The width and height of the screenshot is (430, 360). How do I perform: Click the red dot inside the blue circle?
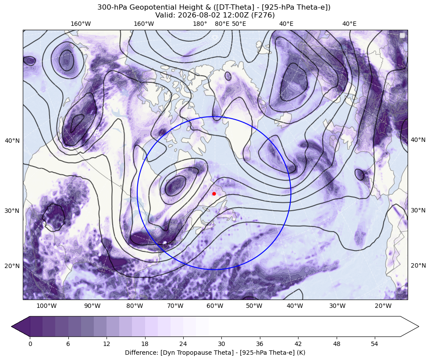point(214,194)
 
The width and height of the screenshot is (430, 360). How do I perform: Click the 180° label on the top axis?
point(200,24)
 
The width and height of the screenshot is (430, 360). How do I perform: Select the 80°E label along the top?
point(222,24)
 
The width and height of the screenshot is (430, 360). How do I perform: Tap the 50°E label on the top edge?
point(239,24)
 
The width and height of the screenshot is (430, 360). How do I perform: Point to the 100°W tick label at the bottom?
point(46,306)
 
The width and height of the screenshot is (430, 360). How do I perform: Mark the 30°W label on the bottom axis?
point(337,306)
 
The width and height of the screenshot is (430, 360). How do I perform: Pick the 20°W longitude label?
point(383,306)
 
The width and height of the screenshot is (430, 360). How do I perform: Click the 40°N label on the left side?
point(12,141)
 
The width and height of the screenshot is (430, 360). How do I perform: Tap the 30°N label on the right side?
point(418,210)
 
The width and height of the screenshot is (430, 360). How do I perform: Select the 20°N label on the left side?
point(12,266)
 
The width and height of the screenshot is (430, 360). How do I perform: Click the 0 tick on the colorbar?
point(30,344)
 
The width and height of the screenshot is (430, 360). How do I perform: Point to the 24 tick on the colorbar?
point(183,344)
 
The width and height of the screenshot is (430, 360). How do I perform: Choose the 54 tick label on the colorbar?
point(375,344)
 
